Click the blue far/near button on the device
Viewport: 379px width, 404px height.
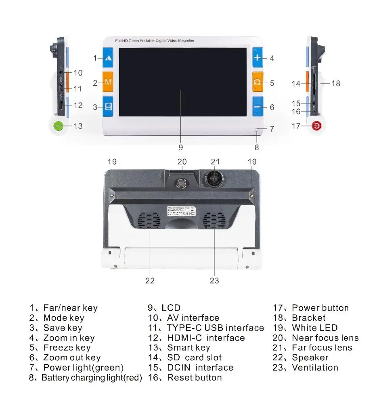[x=108, y=58]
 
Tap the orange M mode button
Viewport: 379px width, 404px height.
[x=108, y=82]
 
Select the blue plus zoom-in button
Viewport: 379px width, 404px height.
[x=258, y=58]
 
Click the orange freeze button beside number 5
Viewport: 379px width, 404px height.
[x=258, y=82]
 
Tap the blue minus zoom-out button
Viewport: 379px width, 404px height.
[x=258, y=107]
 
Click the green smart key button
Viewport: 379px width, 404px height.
[x=59, y=126]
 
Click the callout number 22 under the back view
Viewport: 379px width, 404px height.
[x=150, y=280]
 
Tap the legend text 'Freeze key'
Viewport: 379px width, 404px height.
[x=67, y=348]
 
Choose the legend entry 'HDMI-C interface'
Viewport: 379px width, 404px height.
[x=206, y=338]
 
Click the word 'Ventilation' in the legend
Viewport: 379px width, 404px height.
[x=315, y=368]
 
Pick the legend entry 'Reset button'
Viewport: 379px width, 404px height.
[x=195, y=378]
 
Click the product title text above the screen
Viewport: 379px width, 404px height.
[x=155, y=41]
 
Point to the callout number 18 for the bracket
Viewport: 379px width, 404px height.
[x=336, y=83]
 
